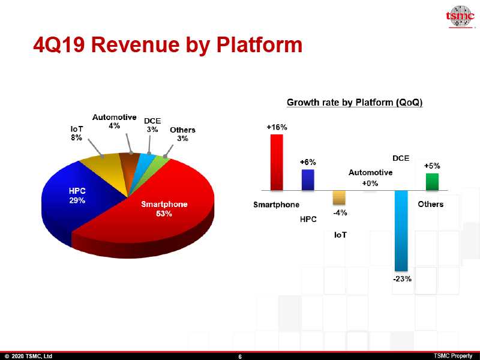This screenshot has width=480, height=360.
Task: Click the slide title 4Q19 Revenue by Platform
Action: (x=167, y=45)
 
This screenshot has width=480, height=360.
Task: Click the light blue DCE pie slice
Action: (x=145, y=161)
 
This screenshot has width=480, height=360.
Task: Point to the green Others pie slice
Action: (x=160, y=163)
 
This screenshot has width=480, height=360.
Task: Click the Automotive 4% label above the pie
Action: (x=114, y=122)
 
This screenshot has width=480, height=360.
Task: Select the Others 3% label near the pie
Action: (x=182, y=134)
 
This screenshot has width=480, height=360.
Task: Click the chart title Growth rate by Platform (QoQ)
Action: (x=355, y=103)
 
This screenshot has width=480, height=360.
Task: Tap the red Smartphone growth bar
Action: (x=277, y=162)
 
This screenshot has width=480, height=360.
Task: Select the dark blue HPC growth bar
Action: (x=307, y=179)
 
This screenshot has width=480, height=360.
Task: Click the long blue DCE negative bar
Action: (x=401, y=230)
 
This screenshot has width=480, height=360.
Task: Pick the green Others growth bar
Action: (x=432, y=181)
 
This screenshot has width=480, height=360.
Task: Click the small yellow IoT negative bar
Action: (x=339, y=197)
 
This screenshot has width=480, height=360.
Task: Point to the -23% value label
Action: (x=402, y=278)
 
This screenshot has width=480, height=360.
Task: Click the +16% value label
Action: (x=277, y=127)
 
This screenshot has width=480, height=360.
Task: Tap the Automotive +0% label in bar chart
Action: (x=370, y=178)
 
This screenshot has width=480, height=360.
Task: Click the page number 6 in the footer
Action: (x=240, y=356)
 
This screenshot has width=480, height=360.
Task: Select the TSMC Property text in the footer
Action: (x=453, y=356)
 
